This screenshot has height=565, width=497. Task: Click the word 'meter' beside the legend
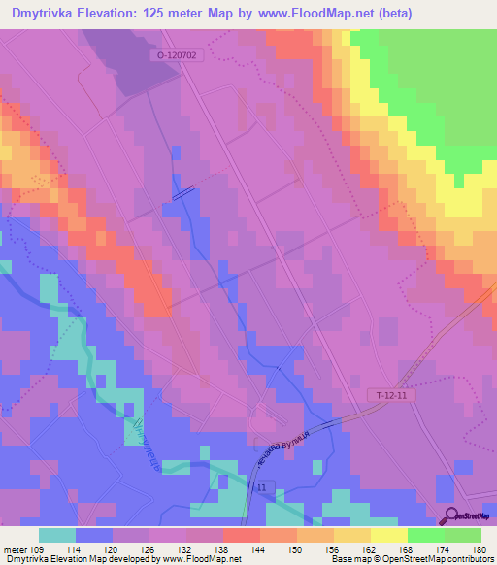pyautogui.click(x=17, y=550)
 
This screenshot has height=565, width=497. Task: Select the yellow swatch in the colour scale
pyautogui.click(x=387, y=535)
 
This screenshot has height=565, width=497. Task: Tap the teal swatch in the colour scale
pyautogui.click(x=57, y=535)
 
